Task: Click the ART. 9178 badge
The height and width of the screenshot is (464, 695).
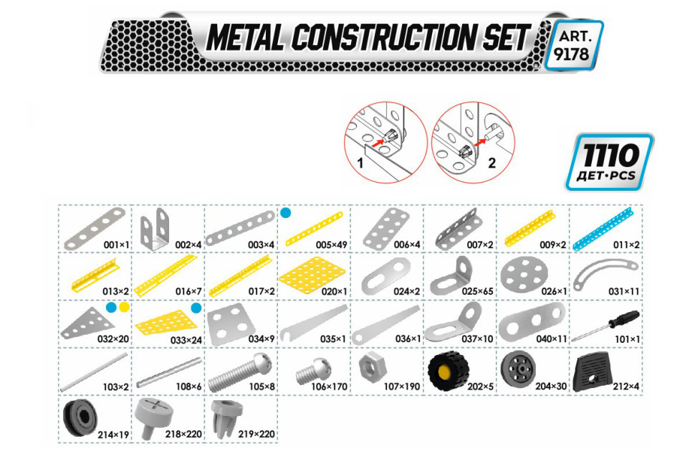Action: point(574,45)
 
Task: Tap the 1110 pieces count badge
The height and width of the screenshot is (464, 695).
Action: point(609,162)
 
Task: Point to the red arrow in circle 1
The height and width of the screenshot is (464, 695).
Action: point(377,143)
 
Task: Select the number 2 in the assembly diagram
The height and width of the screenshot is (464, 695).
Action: point(492,163)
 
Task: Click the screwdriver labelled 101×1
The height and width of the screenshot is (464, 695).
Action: point(605,325)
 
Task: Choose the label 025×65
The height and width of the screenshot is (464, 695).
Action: point(477,291)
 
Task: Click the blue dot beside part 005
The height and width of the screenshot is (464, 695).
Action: point(286,213)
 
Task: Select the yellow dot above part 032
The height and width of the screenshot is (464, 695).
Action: point(125,307)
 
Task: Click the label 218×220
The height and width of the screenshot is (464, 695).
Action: point(183,434)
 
